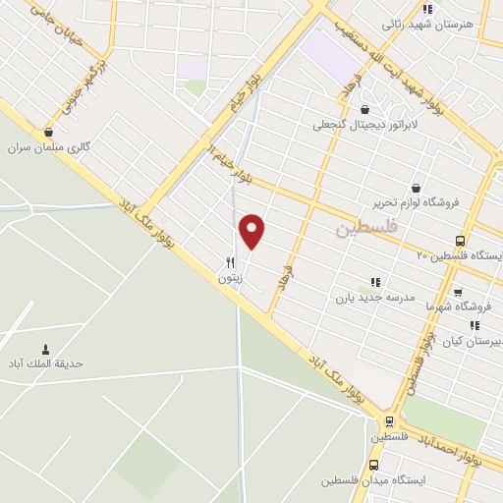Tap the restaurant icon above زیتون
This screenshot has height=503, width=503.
point(230,262)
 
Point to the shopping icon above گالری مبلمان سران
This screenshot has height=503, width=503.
point(48,132)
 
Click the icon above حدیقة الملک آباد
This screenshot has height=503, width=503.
point(45,349)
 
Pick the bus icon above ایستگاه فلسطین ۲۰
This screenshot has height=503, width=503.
point(460,241)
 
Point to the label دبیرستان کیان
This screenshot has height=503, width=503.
point(473,340)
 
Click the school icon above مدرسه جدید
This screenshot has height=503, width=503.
point(374,282)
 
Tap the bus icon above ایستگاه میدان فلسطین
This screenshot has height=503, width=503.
point(372,465)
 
